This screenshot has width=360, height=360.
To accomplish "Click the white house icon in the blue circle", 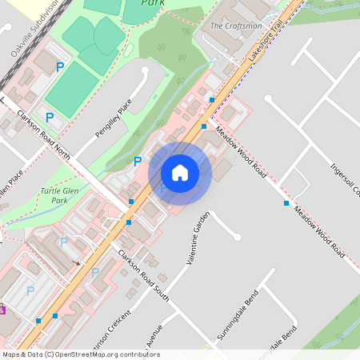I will [180, 172].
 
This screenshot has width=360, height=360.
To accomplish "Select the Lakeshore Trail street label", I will [266, 44].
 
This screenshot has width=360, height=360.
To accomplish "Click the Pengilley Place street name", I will [113, 118].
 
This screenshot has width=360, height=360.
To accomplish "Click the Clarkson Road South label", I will [143, 274].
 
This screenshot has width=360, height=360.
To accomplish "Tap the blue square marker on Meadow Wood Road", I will [286, 203].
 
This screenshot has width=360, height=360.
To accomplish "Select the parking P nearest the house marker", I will [137, 162].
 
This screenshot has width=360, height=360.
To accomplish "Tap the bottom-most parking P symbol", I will [30, 290].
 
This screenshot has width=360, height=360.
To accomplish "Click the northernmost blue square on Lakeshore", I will [211, 100].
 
